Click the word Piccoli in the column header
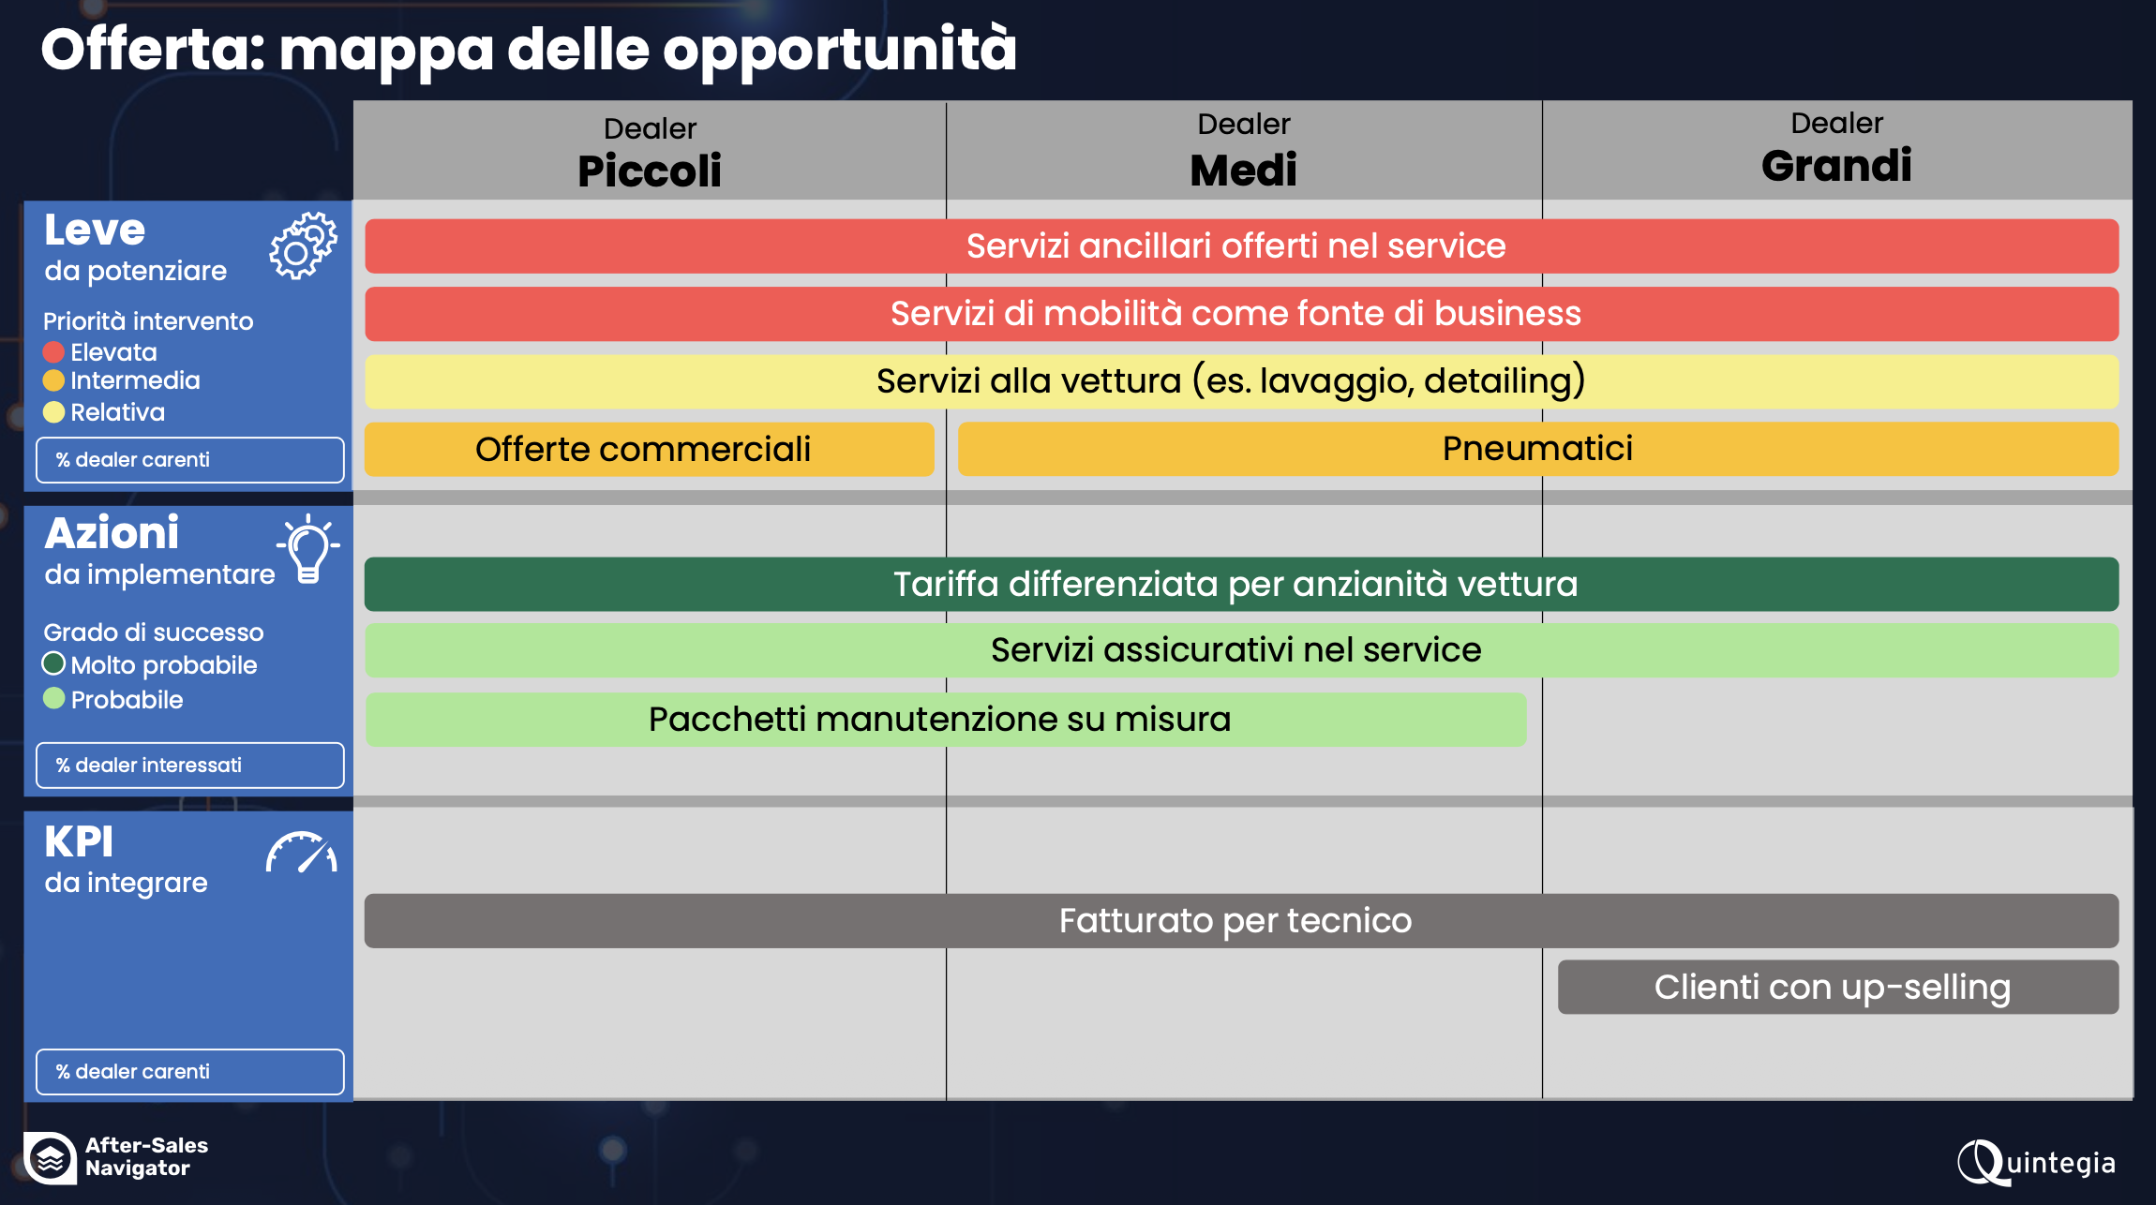coord(650,171)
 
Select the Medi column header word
coord(1243,170)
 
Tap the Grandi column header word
coord(1836,166)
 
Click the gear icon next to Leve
coord(303,245)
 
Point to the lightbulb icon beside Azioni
coord(308,550)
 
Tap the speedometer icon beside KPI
coord(301,853)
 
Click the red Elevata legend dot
coord(53,352)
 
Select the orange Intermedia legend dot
coord(53,380)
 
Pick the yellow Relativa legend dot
coord(53,412)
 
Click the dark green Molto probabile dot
coord(53,664)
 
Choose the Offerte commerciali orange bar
coord(649,449)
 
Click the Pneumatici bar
coord(1537,449)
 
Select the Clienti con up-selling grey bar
coord(1837,987)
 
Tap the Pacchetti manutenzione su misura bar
coord(945,720)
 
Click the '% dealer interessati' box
coord(190,766)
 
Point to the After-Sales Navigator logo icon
coord(51,1158)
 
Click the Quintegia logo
coord(2036,1163)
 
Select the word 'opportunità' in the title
coord(840,51)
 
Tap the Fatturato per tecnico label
coord(1235,921)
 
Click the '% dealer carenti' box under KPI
coord(190,1072)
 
